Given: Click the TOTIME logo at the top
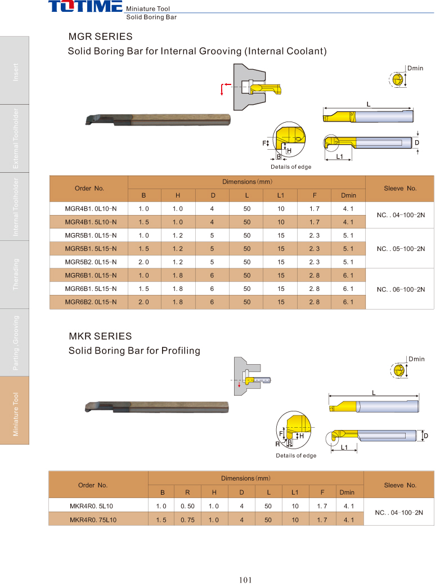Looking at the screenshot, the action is click(86, 6).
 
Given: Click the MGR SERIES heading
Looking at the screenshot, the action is click(100, 37).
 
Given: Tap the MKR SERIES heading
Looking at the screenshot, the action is click(100, 336).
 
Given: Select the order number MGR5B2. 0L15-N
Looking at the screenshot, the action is click(91, 262).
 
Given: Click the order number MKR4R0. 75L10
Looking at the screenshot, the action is click(93, 519).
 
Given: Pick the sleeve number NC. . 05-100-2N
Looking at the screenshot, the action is click(401, 249).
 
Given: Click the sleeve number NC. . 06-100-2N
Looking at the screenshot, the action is click(401, 289).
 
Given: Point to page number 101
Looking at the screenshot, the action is click(245, 580).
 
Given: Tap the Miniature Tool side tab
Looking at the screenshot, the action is click(15, 414).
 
